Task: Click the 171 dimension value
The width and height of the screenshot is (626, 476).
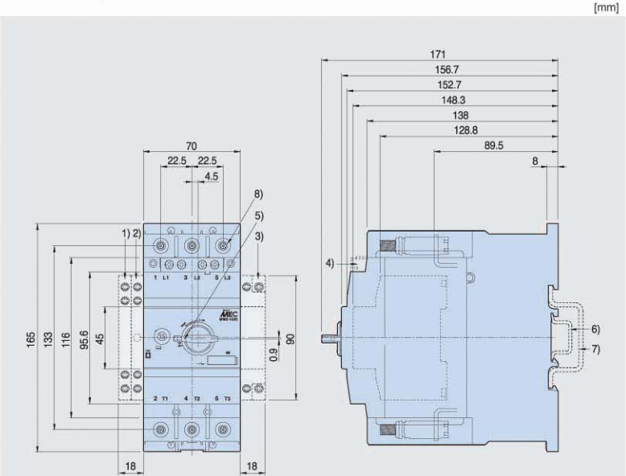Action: (439, 54)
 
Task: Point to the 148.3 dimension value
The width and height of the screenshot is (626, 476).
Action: (454, 100)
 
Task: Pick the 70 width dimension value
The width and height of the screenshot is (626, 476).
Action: (191, 146)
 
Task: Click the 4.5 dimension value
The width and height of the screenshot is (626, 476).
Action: (211, 175)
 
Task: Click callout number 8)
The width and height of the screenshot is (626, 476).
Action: (258, 195)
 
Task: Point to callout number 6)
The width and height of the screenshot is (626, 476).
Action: (595, 330)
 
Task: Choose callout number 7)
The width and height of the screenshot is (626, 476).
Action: (595, 349)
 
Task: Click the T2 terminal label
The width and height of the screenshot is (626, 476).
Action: (196, 399)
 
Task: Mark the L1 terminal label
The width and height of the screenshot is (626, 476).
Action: (166, 277)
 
